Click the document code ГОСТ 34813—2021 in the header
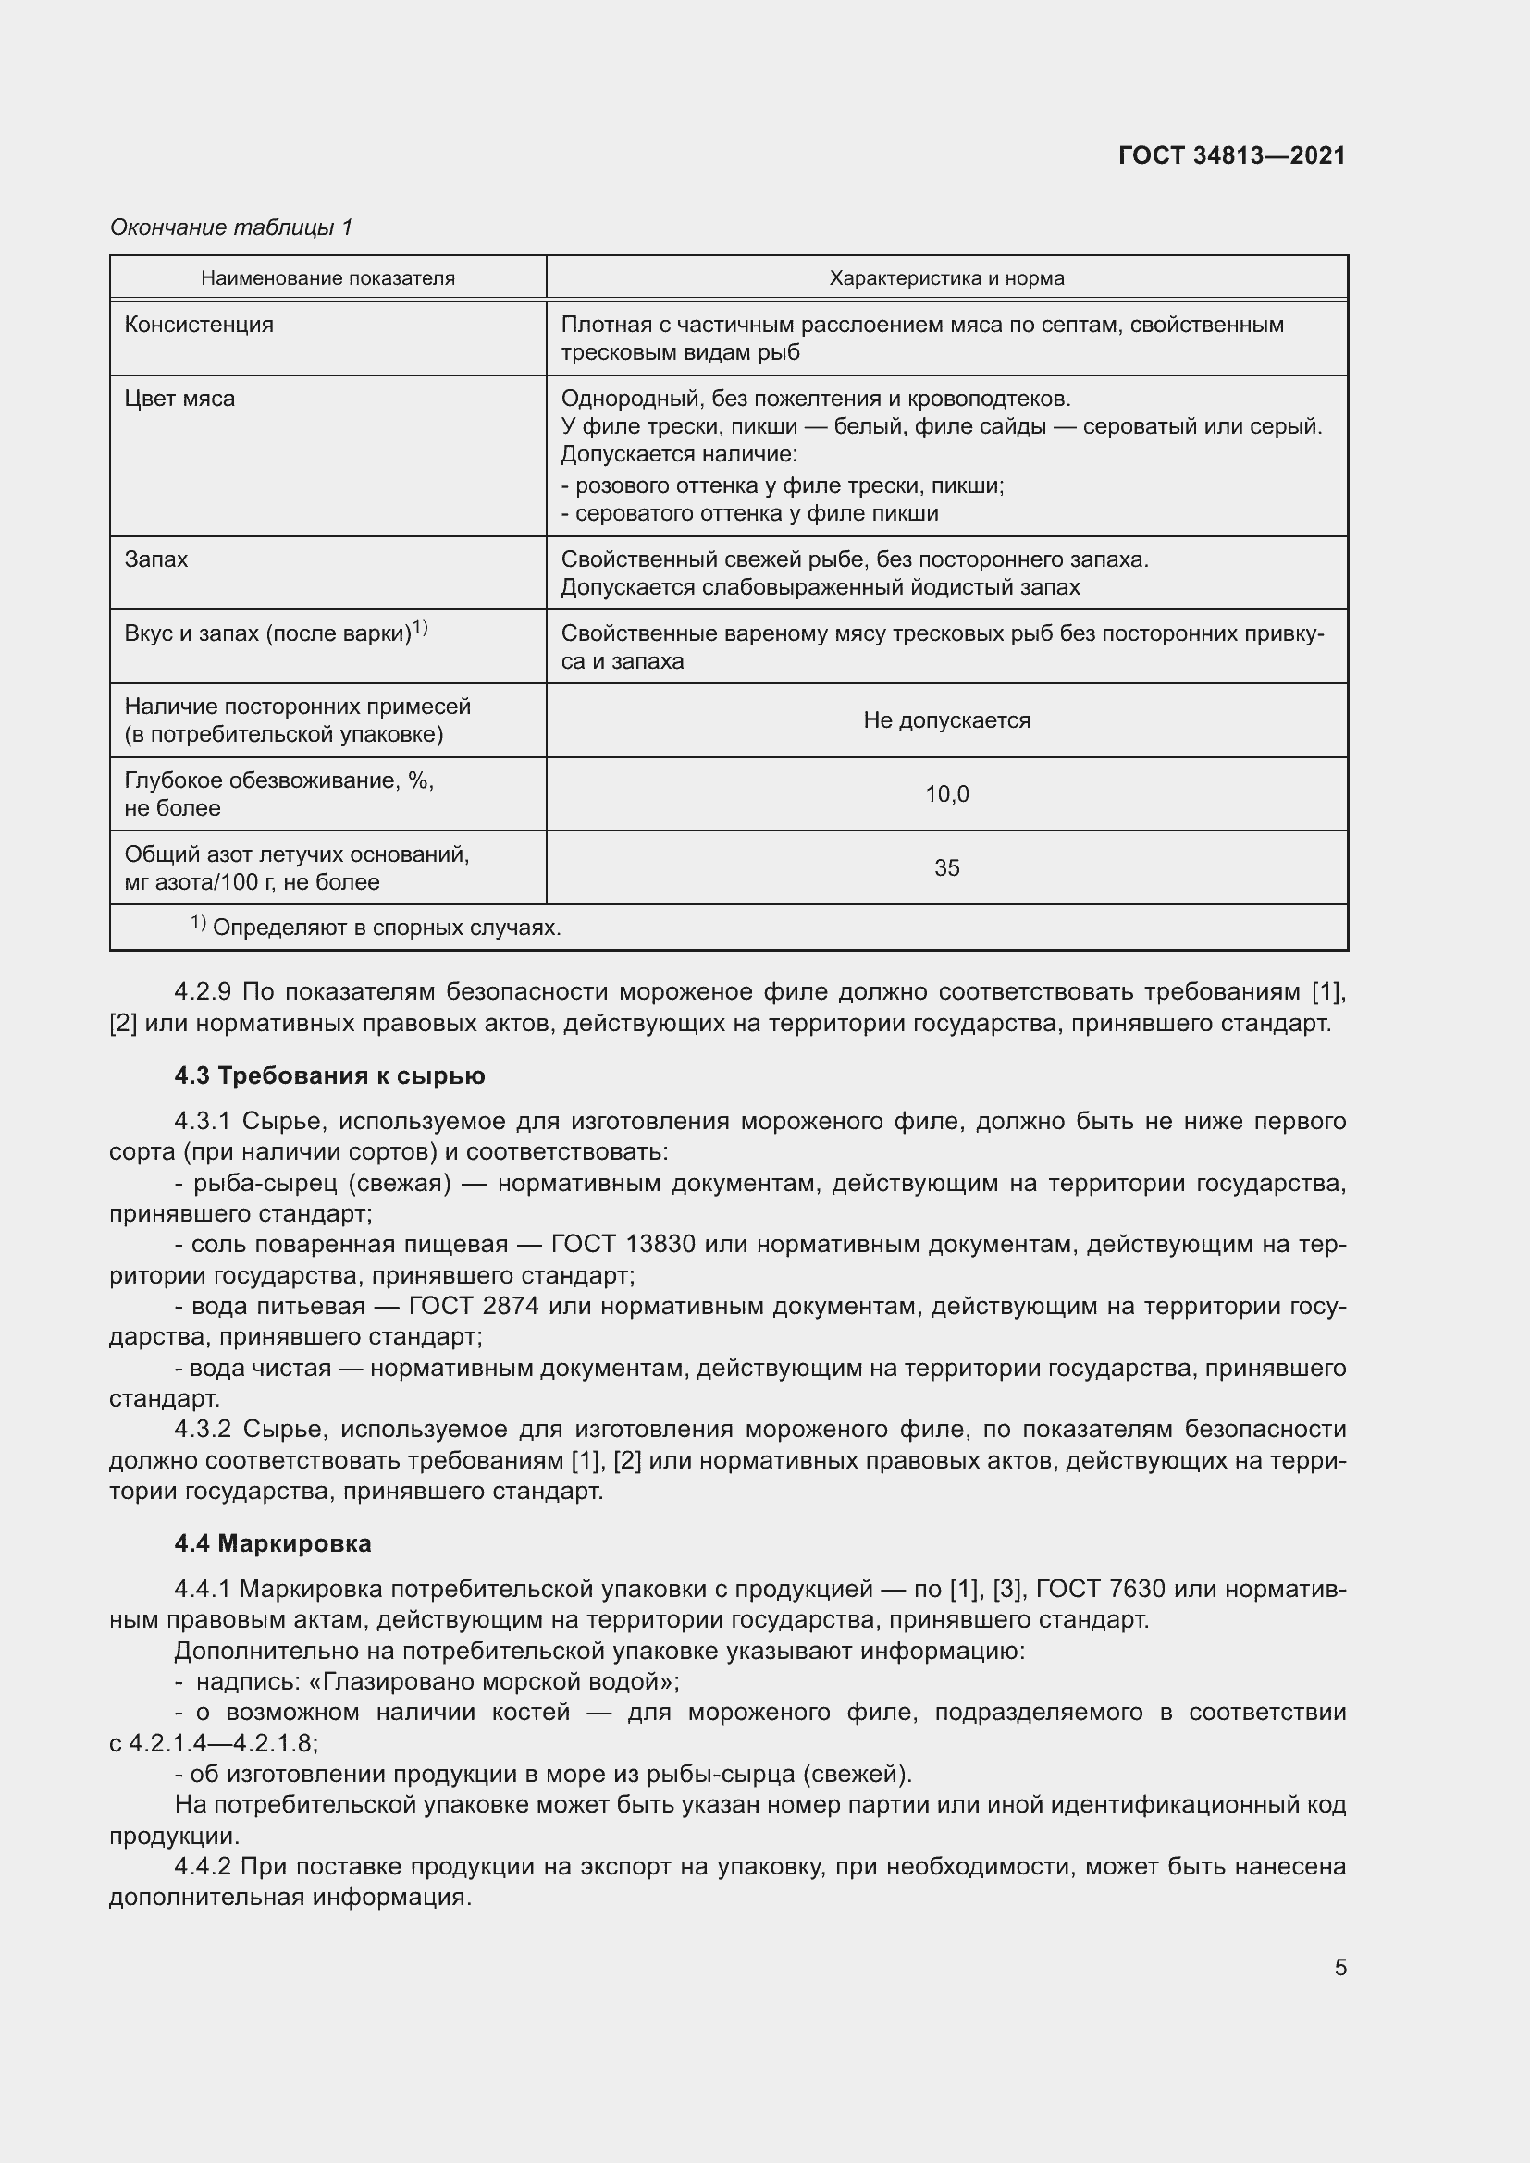point(1231,155)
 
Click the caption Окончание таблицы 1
point(231,227)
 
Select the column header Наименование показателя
point(327,278)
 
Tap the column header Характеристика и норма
point(946,278)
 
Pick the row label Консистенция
point(199,324)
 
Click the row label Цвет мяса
point(179,399)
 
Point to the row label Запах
point(155,559)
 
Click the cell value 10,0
point(946,794)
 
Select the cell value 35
point(946,867)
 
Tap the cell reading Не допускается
point(946,719)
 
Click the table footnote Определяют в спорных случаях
point(387,928)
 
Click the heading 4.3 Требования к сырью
point(329,1075)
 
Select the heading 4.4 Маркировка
point(272,1543)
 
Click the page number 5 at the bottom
point(1339,1967)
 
